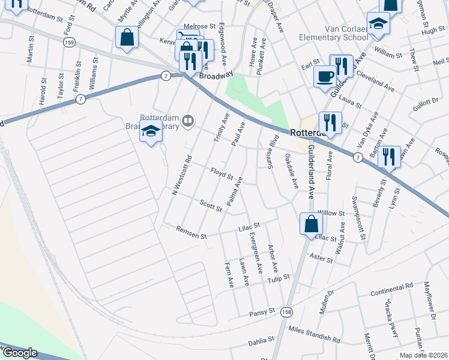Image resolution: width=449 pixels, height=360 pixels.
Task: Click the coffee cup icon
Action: coord(325,77)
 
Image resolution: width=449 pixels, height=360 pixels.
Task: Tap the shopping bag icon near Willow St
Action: coord(312,224)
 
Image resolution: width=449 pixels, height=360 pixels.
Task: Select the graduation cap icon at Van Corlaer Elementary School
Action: coord(378,23)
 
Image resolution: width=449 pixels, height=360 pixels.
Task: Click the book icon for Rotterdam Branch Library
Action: coord(189,122)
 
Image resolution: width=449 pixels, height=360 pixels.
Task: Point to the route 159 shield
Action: coord(70,43)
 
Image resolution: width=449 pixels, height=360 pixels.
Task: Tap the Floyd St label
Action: coord(221,174)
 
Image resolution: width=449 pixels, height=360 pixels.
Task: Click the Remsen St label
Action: coord(191,232)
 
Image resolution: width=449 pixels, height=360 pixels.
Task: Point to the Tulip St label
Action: coord(279,278)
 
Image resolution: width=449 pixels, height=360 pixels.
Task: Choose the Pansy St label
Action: coord(262,311)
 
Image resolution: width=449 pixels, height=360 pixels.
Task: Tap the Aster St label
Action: coord(322,259)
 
